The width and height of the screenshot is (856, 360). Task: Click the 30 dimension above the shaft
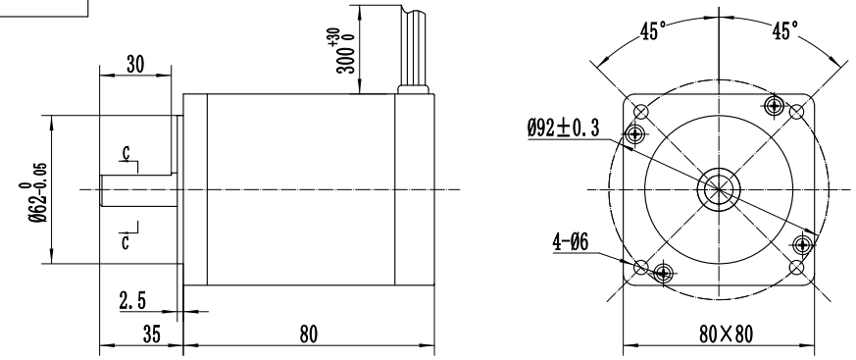135,64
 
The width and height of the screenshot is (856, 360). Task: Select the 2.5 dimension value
132,300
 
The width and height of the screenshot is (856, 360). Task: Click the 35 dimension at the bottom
152,334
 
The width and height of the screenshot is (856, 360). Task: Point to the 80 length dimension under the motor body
308,334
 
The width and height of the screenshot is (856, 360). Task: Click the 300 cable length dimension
346,51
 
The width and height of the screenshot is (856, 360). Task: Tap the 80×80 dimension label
726,334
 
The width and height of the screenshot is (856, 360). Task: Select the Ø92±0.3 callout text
563,128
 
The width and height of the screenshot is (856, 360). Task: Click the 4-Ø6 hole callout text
571,241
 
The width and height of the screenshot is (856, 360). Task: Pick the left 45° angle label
653,31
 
